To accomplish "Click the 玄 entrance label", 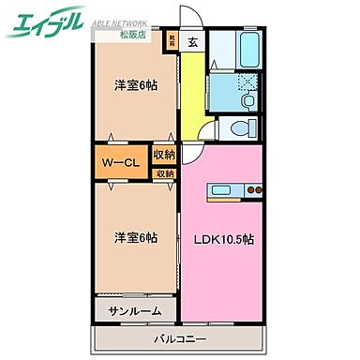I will pyautogui.click(x=191, y=41).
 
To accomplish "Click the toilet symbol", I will pyautogui.click(x=241, y=128).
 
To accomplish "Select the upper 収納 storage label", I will pyautogui.click(x=164, y=156).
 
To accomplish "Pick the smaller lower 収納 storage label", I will pyautogui.click(x=164, y=173).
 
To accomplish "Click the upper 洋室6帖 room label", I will pyautogui.click(x=134, y=87).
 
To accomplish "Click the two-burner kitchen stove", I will pyautogui.click(x=257, y=192).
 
